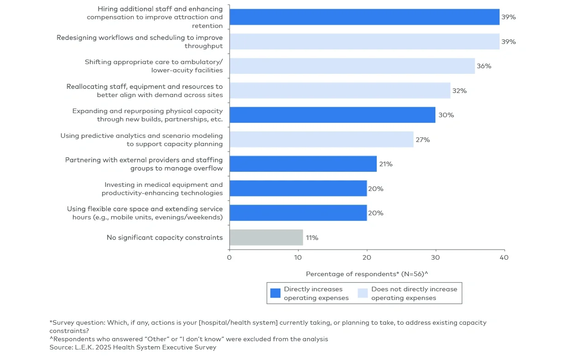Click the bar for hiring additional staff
tap(364, 17)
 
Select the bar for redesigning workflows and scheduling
tap(364, 42)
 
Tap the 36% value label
tap(484, 66)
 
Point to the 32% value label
tap(459, 91)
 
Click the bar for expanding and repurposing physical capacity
tap(332, 115)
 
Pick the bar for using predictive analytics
tap(321, 140)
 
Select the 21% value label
tap(385, 164)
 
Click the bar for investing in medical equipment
tap(298, 188)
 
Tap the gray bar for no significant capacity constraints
tap(266, 237)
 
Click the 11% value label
tap(312, 238)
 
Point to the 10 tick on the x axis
tap(298, 257)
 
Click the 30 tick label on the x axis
tap(435, 257)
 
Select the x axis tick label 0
tap(229, 257)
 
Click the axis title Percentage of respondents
tap(367, 274)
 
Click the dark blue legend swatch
tap(275, 293)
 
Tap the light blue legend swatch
tap(363, 293)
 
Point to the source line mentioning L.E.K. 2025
tap(133, 348)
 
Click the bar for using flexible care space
tap(298, 213)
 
